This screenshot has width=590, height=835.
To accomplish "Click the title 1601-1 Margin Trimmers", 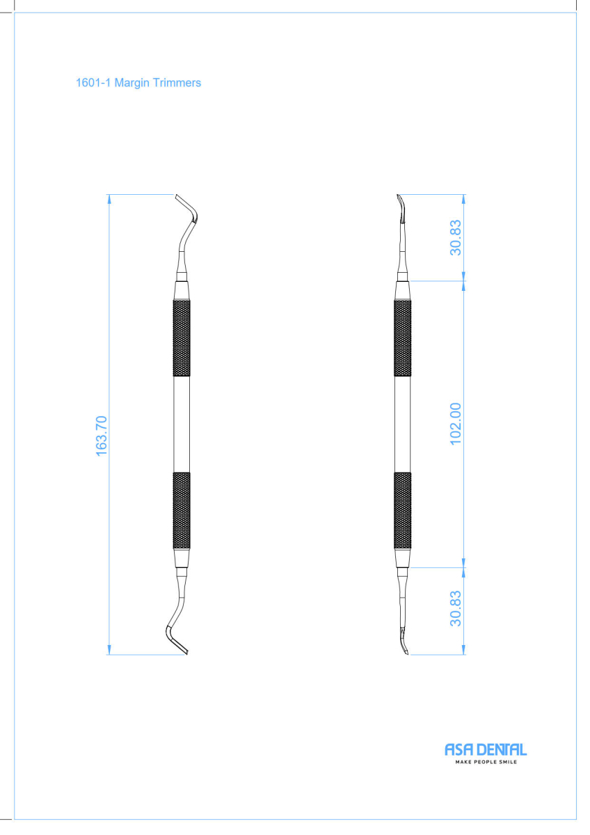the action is coord(138,83).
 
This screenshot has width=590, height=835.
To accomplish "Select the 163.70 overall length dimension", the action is coord(102,436).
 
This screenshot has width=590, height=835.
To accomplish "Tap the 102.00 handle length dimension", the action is coord(456,424).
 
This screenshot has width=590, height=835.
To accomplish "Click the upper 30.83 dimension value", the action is coord(456,237).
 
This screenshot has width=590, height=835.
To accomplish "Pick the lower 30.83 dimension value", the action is coord(456,608).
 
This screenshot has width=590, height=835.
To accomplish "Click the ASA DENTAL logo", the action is coord(486,749).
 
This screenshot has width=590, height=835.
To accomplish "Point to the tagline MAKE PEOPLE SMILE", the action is coord(486,762).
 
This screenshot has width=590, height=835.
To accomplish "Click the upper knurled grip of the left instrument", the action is coord(182,337).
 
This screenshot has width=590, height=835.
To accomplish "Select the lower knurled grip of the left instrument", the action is coord(182,510).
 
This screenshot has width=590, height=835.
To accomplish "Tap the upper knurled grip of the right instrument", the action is coord(403,337).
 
